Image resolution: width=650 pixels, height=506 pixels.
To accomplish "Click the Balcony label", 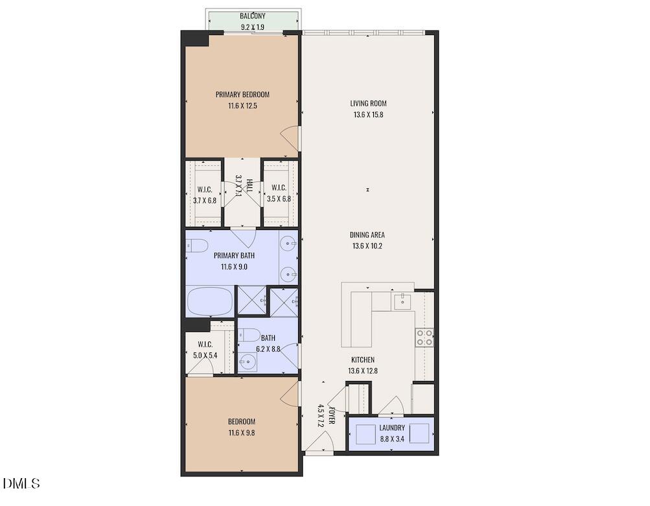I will click(253, 17).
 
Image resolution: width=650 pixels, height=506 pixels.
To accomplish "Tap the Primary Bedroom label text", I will click(242, 95).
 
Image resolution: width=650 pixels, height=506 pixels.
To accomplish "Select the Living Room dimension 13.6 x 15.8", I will click(368, 115).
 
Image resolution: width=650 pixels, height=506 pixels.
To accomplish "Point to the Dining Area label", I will click(368, 235).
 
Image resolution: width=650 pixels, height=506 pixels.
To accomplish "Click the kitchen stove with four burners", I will click(424, 337).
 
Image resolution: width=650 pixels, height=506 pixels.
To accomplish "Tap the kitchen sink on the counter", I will click(402, 300).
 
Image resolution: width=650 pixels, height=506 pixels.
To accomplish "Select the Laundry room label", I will click(392, 428).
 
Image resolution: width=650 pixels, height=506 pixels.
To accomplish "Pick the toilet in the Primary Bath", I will click(196, 246).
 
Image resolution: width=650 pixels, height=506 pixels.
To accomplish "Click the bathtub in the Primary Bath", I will click(210, 301).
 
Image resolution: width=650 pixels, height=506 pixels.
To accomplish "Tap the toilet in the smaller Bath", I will click(249, 335).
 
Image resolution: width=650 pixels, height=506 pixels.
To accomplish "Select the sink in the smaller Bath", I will click(247, 362).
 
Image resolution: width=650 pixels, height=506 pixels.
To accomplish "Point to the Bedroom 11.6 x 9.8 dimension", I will click(241, 433).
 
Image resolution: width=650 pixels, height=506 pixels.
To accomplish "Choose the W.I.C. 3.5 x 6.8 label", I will click(279, 200).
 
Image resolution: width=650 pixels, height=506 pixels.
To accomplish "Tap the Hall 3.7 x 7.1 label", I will click(242, 186).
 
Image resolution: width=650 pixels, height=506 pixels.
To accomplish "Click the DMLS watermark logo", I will click(21, 483).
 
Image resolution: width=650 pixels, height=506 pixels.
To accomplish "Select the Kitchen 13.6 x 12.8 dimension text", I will click(362, 371).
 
